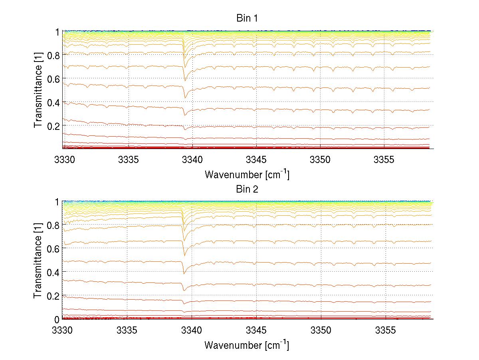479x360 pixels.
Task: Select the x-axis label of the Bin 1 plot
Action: point(247,174)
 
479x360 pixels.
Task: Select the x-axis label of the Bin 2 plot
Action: point(247,345)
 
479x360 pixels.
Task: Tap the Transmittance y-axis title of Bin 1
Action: point(38,90)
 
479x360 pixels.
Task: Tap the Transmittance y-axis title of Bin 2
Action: point(38,261)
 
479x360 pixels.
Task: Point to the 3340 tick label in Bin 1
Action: point(192,160)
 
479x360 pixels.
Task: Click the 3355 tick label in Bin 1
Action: point(384,160)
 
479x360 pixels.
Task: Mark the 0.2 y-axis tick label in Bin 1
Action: point(53,125)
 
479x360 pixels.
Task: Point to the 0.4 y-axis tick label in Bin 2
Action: point(53,272)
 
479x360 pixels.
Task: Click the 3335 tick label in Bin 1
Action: point(128,160)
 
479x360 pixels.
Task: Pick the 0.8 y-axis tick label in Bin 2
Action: point(53,225)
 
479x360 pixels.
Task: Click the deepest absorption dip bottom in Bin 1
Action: point(185,97)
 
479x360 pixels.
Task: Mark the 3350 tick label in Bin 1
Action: point(321,160)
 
